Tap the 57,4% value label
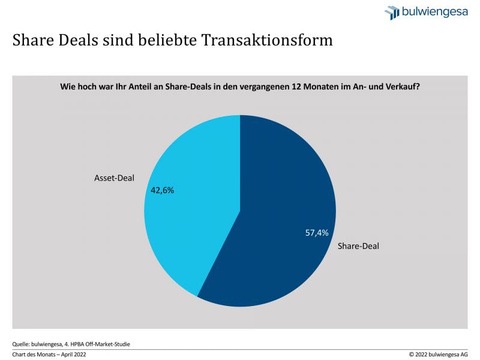coord(317,233)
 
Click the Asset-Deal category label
coord(114,178)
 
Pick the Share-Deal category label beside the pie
coord(359,245)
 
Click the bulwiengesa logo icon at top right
coord(392,13)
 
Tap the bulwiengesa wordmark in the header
coord(435,12)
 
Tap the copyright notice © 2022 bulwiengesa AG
coord(439,355)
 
